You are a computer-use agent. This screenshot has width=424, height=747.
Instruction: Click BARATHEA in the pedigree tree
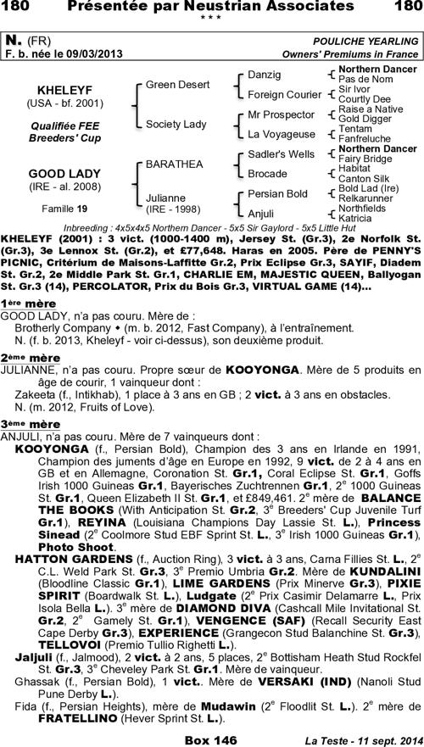pyautogui.click(x=172, y=162)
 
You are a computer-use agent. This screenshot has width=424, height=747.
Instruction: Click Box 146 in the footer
pyautogui.click(x=214, y=739)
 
